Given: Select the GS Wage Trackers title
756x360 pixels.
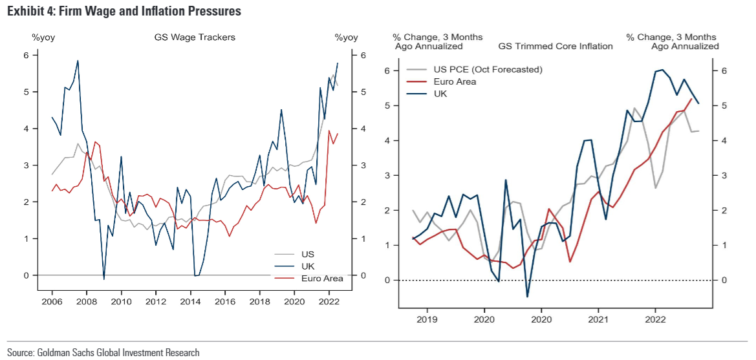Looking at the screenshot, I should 195,37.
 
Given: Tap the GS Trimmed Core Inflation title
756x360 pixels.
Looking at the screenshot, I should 555,46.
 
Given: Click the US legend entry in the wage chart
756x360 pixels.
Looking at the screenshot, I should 308,254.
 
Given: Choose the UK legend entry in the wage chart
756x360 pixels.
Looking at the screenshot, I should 308,266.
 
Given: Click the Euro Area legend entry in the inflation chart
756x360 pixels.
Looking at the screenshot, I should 455,81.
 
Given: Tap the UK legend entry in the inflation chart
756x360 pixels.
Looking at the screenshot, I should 440,94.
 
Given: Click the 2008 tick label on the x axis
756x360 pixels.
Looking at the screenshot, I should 85,301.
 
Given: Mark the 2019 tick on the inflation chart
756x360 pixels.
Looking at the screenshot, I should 426,319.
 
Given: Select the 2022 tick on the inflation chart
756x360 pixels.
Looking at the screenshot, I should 655,319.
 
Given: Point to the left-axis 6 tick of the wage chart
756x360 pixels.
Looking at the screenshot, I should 26,56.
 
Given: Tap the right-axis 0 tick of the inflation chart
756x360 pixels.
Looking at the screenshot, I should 724,280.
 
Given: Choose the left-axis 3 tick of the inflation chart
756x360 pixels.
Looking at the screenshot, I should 386,175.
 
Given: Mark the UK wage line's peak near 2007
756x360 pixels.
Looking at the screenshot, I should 78,61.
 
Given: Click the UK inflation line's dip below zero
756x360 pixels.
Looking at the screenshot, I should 527,297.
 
